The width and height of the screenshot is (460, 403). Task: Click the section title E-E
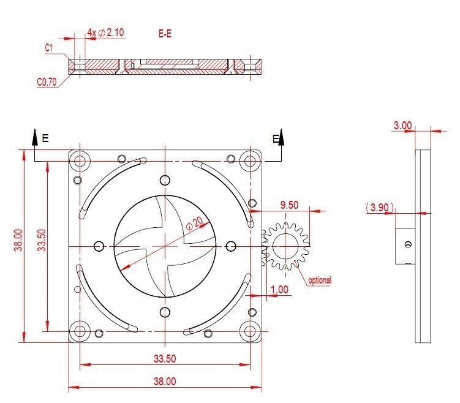(x=165, y=34)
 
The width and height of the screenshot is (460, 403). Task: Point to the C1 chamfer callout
(x=49, y=47)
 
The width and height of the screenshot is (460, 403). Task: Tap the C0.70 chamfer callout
(x=47, y=81)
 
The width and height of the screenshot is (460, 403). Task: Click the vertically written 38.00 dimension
(x=19, y=240)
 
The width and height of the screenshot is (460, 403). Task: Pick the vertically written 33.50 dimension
(x=41, y=240)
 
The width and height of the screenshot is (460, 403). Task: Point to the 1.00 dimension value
(x=279, y=289)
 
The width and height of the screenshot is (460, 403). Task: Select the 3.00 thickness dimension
(x=402, y=125)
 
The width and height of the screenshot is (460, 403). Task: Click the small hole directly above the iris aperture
(x=164, y=180)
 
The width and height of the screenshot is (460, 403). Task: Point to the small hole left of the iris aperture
(x=99, y=246)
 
